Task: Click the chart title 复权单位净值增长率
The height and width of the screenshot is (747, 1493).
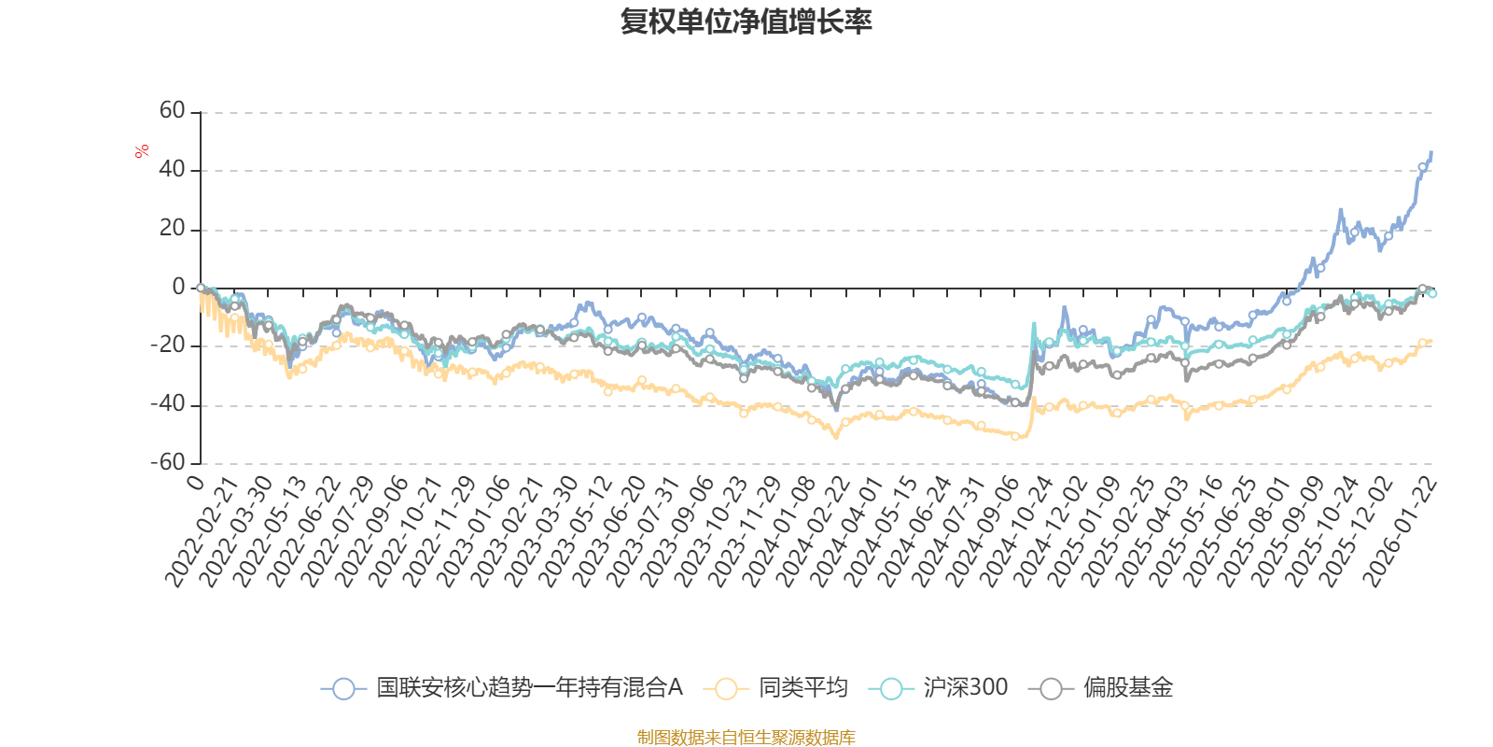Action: click(746, 21)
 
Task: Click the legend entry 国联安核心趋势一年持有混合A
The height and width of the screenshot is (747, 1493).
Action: click(529, 688)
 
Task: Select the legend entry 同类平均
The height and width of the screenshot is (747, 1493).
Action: click(802, 688)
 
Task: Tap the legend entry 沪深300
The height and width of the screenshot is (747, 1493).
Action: click(965, 688)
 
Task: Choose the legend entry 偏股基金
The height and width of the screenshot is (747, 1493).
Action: click(1127, 688)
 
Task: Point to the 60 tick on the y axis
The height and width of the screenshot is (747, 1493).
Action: click(173, 111)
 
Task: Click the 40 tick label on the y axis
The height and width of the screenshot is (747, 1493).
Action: click(173, 170)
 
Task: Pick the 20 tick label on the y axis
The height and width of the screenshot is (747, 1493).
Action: click(173, 229)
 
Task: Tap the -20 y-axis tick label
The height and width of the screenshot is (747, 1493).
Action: click(168, 345)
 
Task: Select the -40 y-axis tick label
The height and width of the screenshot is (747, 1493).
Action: click(168, 404)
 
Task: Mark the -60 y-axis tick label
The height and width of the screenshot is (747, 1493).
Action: click(168, 462)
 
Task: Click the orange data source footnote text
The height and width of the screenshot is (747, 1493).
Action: click(746, 738)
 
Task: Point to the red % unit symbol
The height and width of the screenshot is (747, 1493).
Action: click(142, 151)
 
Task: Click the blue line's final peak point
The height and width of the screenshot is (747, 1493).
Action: click(1431, 152)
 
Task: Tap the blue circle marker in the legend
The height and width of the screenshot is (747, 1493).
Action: click(343, 688)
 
